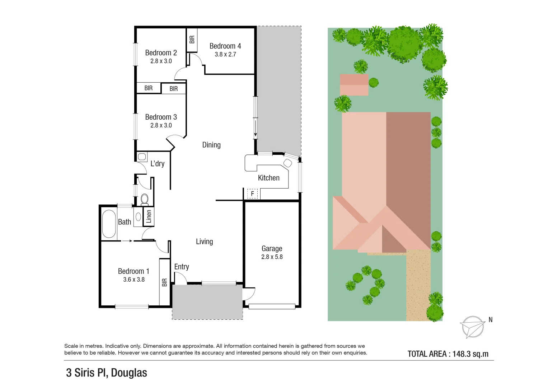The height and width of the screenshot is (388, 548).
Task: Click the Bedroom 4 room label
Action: coord(225,46)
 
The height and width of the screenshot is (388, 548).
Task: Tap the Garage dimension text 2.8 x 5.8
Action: coord(272,257)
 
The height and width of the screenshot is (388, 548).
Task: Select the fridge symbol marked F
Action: coord(252,194)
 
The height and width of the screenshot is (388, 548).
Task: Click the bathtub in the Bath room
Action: coord(109,224)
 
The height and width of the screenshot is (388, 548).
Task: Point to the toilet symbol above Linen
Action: coord(145,199)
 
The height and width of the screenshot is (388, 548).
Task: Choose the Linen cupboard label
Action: coord(149,217)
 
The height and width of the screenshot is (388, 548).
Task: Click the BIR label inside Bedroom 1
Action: coord(164,282)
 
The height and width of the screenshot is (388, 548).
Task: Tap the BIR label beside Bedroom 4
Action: coord(192,39)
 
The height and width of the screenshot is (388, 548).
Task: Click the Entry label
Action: coord(182,267)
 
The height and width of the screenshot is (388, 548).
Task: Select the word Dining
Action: coord(211,145)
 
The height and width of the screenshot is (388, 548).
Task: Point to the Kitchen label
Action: coord(268,178)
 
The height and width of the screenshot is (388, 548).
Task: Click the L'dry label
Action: coord(157,164)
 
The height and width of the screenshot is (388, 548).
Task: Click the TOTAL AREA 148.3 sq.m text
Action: coord(448,354)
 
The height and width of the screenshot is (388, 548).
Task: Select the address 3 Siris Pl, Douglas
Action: coord(107,373)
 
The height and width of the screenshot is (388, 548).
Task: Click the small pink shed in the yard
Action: coord(354,85)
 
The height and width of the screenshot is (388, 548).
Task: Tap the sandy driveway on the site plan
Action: coord(418,287)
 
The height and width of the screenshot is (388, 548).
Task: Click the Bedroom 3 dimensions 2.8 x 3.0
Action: coord(161,125)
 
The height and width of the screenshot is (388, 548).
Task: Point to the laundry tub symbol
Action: coord(142,157)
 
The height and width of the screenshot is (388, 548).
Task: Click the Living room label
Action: coord(204,241)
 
